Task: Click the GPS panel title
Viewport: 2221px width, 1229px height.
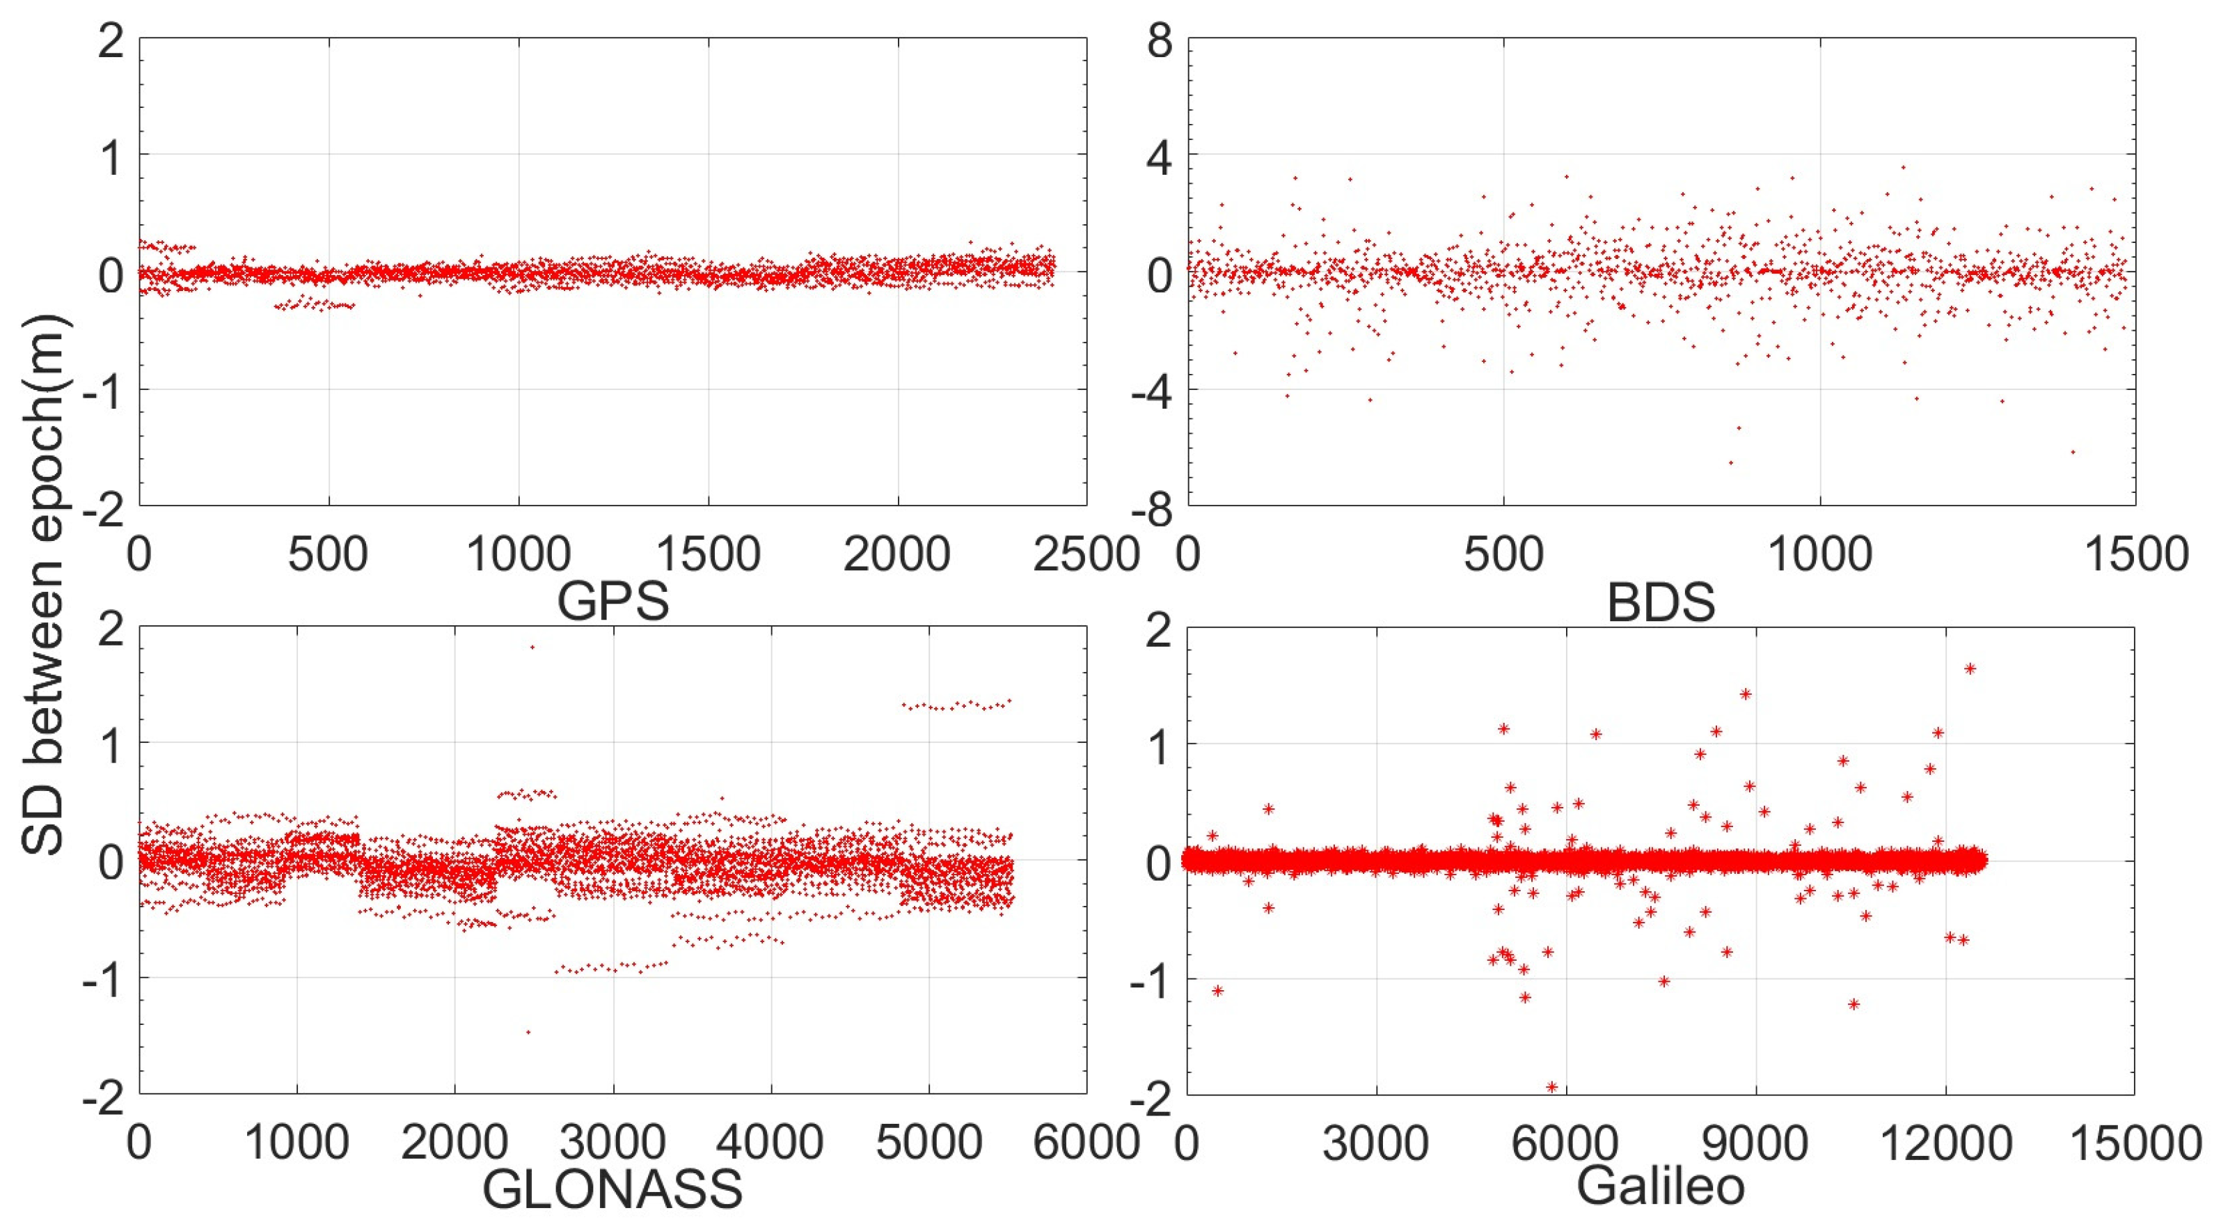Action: click(613, 601)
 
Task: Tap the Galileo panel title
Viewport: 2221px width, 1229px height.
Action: click(1661, 1187)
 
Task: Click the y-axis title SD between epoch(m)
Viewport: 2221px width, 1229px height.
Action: click(43, 586)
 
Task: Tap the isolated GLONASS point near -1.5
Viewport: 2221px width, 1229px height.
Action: click(528, 1031)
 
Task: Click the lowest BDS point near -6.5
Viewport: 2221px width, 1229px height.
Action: click(1730, 463)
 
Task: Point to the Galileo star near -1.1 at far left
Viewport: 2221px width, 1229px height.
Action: click(1217, 990)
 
